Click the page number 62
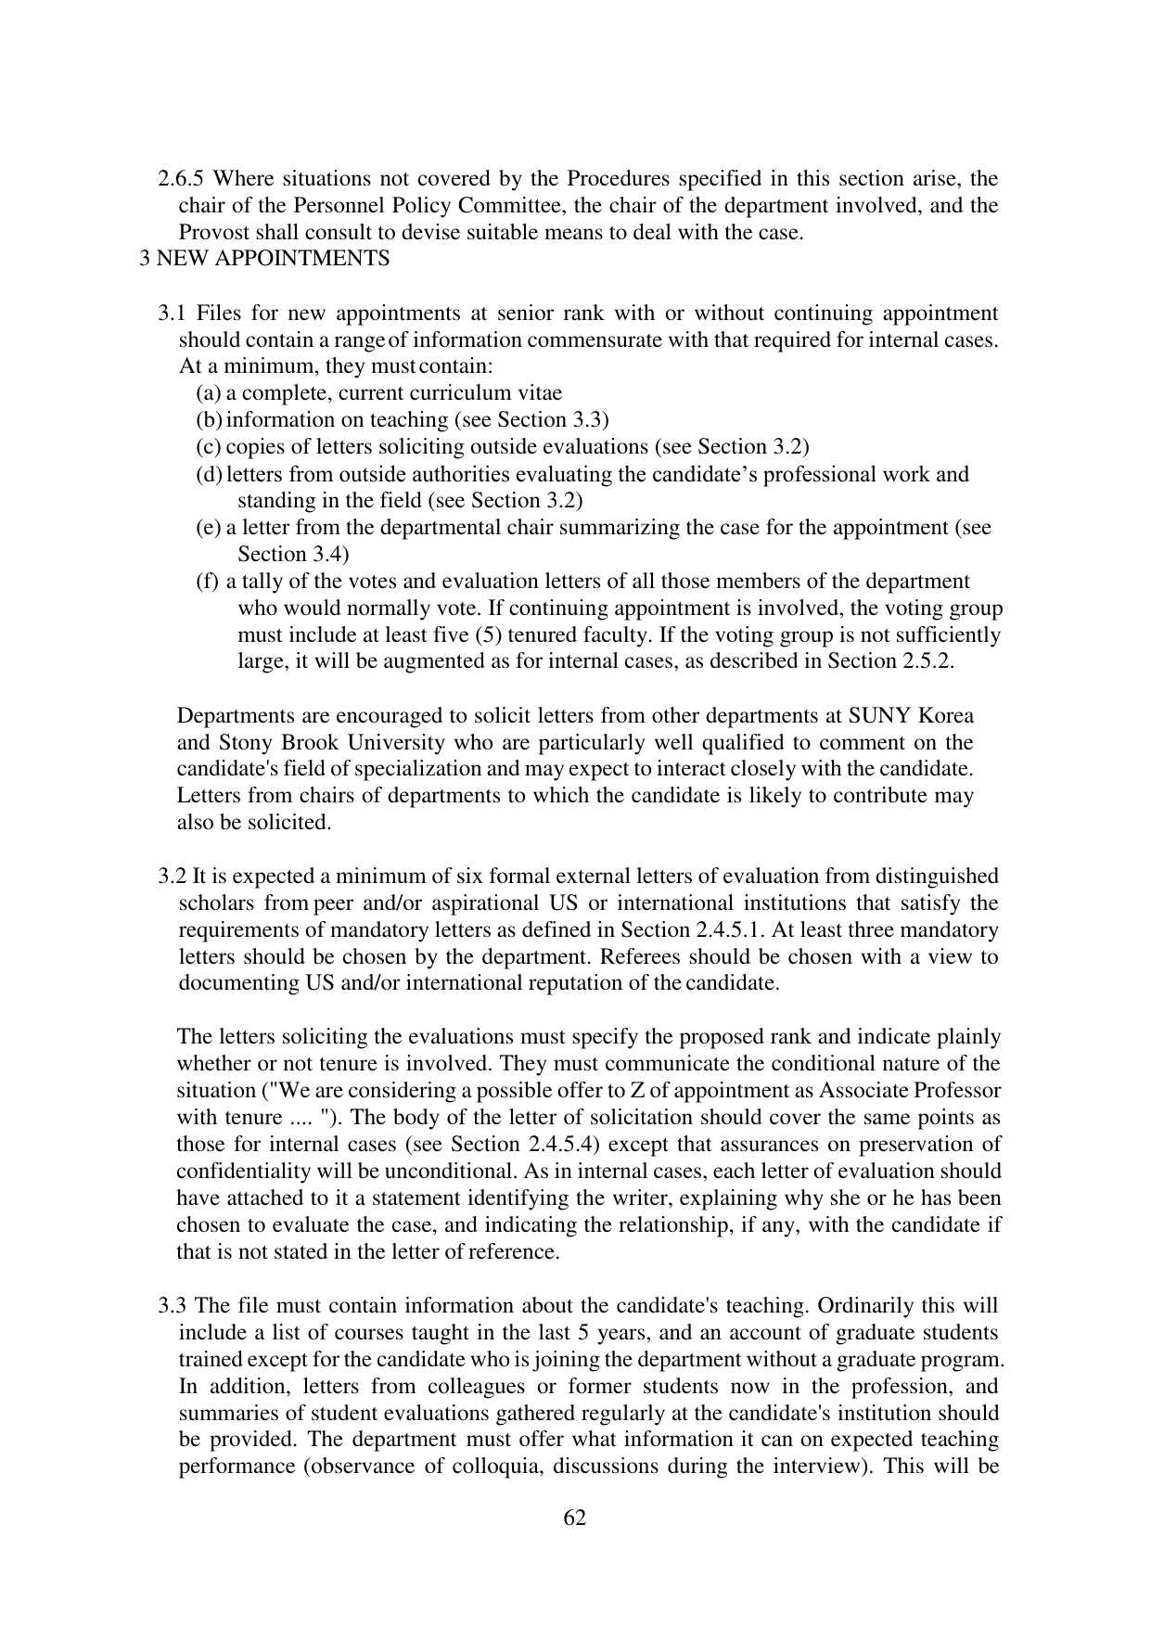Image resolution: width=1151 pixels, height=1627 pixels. point(575,1518)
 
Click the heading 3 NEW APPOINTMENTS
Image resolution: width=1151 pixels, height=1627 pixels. point(264,258)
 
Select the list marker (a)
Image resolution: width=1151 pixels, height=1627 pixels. point(209,393)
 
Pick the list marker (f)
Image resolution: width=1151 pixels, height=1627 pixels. point(208,582)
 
